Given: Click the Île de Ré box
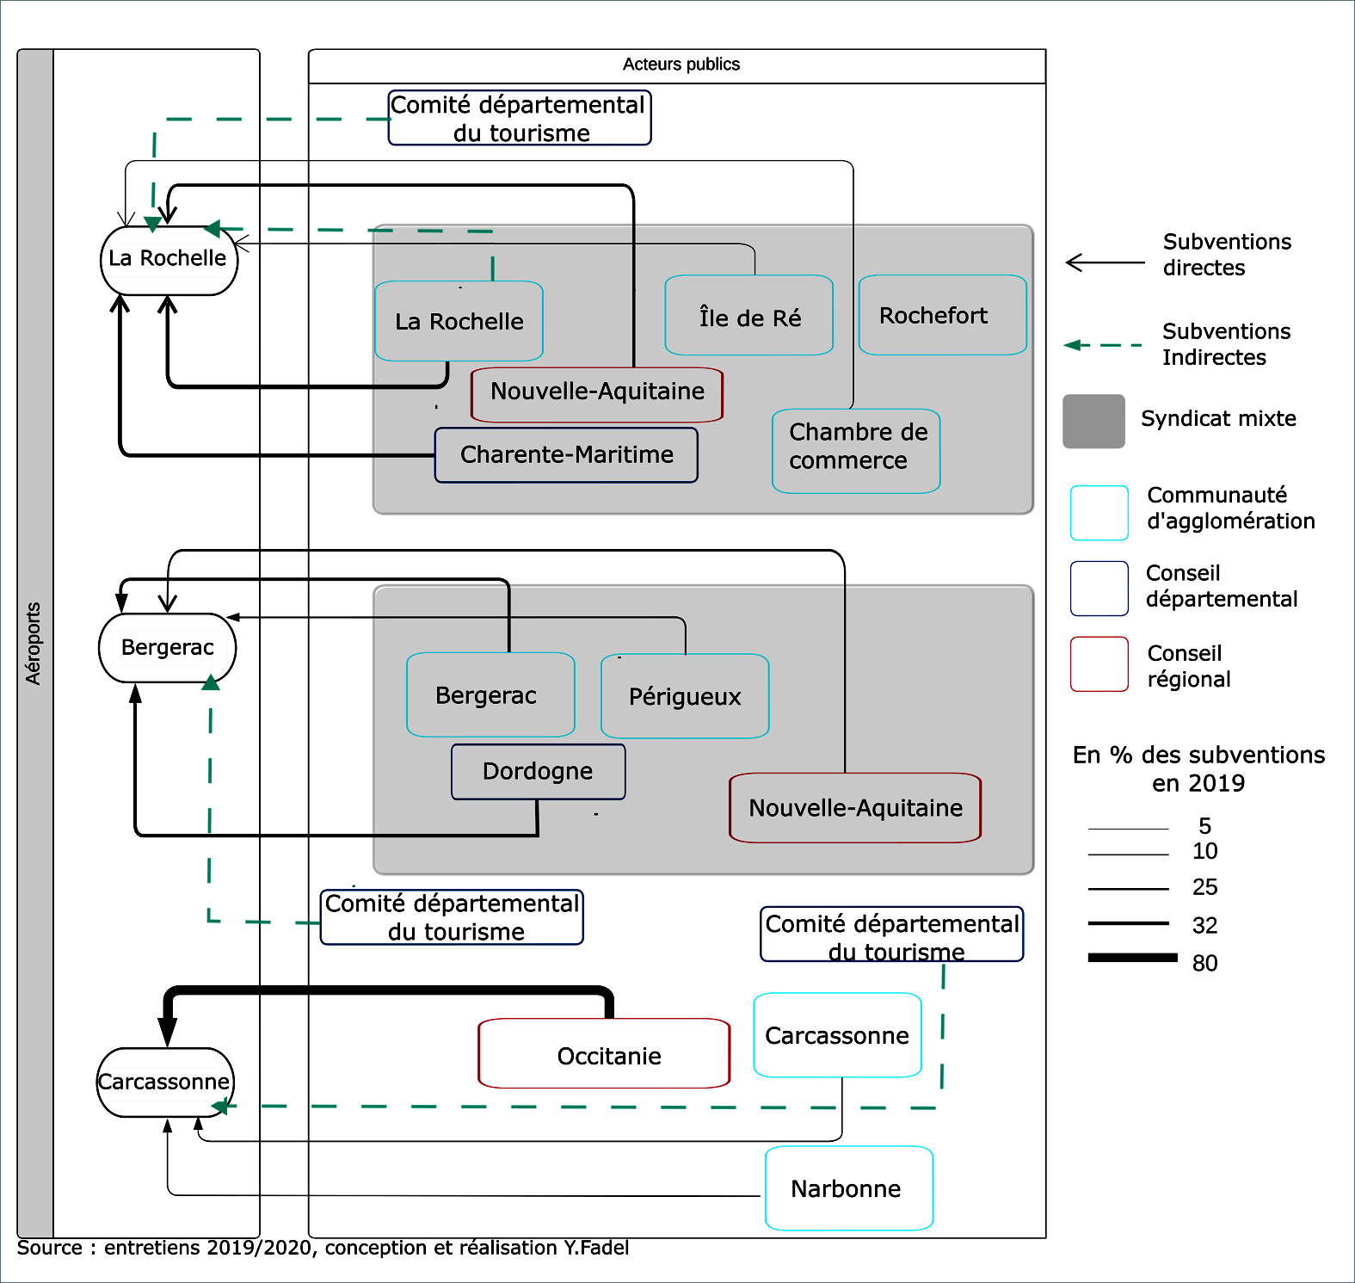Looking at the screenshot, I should click(x=748, y=316).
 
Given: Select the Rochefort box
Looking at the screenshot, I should click(x=942, y=315).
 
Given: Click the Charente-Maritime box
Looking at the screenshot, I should click(x=566, y=455).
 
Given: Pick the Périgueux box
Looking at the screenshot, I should click(x=685, y=696).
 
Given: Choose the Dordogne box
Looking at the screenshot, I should click(x=538, y=772).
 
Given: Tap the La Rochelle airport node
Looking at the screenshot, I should click(x=169, y=260).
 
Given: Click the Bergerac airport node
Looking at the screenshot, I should click(x=168, y=648).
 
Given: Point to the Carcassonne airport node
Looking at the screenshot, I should click(x=164, y=1083).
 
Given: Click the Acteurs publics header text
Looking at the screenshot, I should click(x=681, y=65).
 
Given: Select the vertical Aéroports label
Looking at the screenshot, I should click(x=34, y=644).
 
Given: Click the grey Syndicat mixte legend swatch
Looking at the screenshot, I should click(x=1093, y=422).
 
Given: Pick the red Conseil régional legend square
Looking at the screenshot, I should click(x=1099, y=664).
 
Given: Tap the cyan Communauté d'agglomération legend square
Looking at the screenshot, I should click(x=1099, y=513).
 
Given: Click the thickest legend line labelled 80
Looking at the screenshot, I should click(x=1132, y=958).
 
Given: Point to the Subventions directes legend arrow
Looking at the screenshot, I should click(x=1105, y=262).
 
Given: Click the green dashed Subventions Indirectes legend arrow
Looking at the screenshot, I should click(x=1104, y=345).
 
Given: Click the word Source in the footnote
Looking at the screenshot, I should click(x=50, y=1249).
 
